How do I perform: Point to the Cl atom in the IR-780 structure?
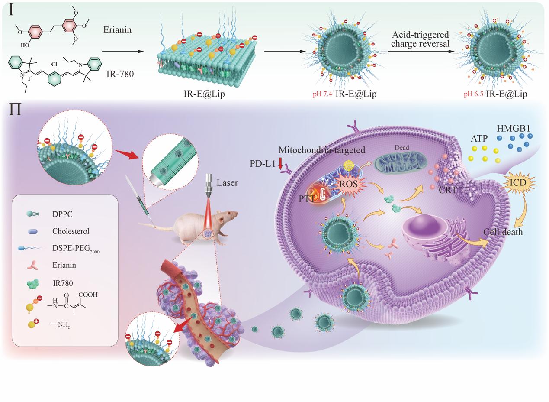click(54, 65)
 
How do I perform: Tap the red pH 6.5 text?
click(473, 94)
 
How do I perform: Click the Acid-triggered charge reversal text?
click(421, 39)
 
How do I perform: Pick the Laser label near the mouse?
click(228, 183)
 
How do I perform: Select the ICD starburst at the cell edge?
click(517, 183)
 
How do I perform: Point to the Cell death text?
click(503, 232)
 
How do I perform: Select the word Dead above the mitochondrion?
click(401, 148)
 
